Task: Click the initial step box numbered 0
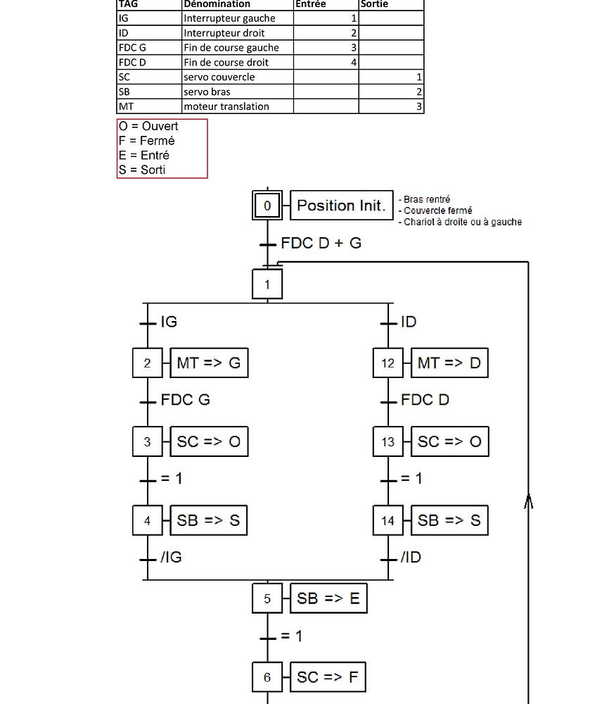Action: click(267, 206)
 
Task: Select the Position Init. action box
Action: click(341, 206)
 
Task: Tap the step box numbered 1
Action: click(267, 285)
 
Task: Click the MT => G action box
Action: click(209, 363)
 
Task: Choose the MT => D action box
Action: click(449, 363)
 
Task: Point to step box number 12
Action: click(388, 363)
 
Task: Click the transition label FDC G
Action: click(186, 400)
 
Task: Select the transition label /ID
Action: click(411, 558)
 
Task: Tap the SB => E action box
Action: click(328, 598)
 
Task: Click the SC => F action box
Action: click(328, 677)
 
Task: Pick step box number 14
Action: click(388, 521)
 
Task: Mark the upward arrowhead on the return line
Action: click(528, 501)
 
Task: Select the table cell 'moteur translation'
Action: click(226, 106)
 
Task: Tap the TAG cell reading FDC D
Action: click(133, 62)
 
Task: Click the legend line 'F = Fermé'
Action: click(147, 141)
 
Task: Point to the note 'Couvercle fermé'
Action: click(438, 210)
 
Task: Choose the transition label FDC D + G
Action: click(321, 243)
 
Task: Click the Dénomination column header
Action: click(217, 4)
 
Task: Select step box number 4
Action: click(147, 521)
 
